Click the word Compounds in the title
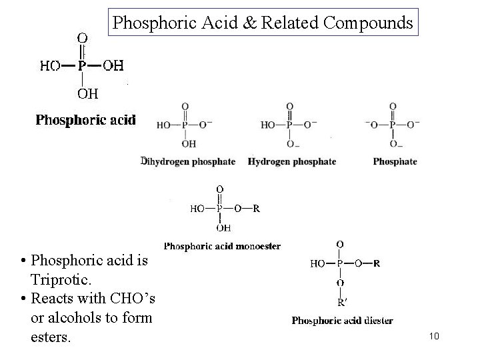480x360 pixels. [369, 23]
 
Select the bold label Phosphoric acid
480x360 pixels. [85, 120]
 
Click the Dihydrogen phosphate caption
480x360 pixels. [189, 161]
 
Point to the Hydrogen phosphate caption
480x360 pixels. [292, 161]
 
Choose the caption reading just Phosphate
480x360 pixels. [395, 161]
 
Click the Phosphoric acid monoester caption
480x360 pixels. [222, 246]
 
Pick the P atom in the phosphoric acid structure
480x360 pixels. [82, 65]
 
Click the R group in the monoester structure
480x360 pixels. [256, 208]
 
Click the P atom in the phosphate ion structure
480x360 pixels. [393, 124]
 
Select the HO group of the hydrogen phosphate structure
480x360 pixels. [269, 125]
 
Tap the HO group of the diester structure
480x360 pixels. [318, 263]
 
